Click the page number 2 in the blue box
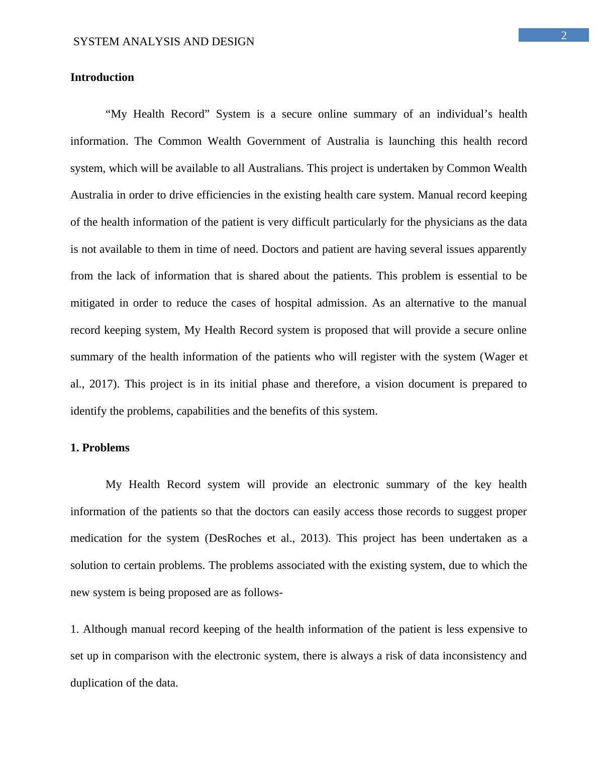(564, 35)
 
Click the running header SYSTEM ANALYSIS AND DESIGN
(164, 42)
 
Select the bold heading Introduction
(102, 77)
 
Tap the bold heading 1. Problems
(99, 448)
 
